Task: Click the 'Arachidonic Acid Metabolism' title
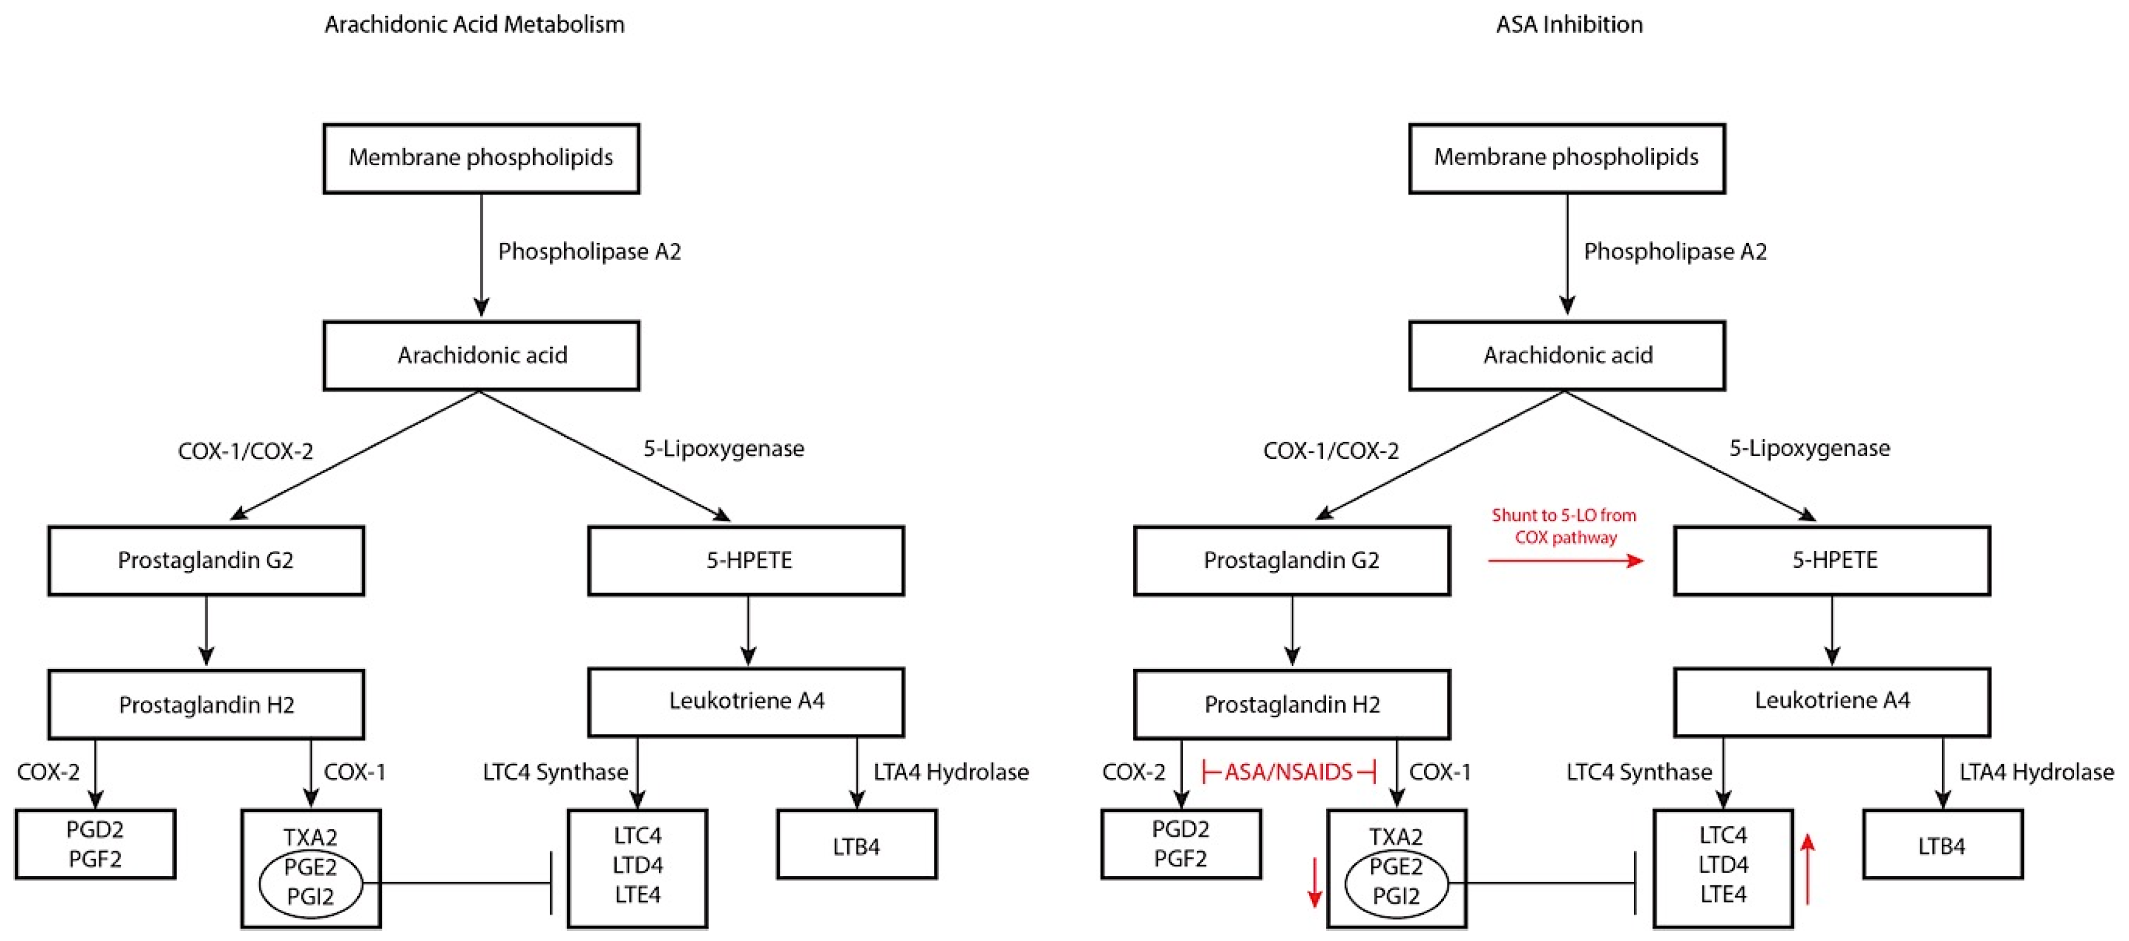tap(474, 25)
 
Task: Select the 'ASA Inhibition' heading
tap(1569, 25)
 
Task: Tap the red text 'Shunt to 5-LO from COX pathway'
tap(1564, 526)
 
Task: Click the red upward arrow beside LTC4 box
tap(1808, 868)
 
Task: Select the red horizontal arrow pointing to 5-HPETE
tap(1566, 561)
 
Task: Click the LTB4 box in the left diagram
tap(856, 844)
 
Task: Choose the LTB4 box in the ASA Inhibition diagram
tap(1942, 844)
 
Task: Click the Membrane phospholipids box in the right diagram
tap(1566, 158)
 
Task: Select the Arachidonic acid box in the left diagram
tap(481, 355)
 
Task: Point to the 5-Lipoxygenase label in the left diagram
tap(723, 448)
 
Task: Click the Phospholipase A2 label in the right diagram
tap(1674, 251)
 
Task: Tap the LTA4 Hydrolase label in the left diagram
tap(950, 772)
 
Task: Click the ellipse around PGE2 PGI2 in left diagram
tap(310, 882)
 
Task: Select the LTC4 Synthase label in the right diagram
tap(1639, 772)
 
